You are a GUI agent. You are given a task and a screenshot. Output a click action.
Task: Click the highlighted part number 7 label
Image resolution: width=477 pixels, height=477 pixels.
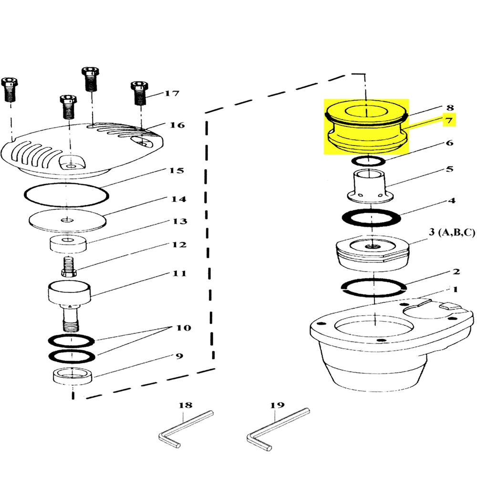click(x=449, y=121)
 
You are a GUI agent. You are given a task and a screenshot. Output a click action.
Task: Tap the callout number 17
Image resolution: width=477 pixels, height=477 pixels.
click(x=172, y=93)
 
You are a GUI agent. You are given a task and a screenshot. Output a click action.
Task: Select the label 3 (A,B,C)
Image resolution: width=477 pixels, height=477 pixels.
click(x=452, y=232)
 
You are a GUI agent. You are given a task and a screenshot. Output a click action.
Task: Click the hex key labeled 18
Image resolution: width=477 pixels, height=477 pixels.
click(x=186, y=429)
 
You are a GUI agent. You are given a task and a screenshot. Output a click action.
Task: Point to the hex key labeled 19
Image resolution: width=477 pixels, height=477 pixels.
click(x=278, y=429)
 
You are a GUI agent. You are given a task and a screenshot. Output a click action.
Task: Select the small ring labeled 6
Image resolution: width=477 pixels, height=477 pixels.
click(x=368, y=161)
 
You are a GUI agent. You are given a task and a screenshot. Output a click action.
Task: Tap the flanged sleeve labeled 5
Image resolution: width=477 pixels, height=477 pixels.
click(x=370, y=186)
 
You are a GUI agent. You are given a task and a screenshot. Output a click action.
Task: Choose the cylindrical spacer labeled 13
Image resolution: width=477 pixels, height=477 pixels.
click(x=68, y=244)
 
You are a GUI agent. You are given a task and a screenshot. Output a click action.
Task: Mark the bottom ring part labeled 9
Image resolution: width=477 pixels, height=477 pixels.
click(x=73, y=376)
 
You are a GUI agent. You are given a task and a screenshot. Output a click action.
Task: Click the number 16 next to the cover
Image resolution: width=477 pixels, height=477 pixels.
click(x=177, y=125)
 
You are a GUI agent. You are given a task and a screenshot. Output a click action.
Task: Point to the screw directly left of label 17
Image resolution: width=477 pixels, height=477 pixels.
click(x=140, y=93)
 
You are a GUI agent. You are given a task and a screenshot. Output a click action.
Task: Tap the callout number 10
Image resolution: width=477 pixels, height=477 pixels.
click(x=184, y=328)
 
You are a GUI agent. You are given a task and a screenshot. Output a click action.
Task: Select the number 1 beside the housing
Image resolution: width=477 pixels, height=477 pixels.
click(x=455, y=290)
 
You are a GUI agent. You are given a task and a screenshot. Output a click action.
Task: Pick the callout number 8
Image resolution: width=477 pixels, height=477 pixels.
click(x=450, y=107)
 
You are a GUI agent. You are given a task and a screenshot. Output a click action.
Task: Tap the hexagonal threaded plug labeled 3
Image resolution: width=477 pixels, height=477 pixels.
click(x=373, y=253)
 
